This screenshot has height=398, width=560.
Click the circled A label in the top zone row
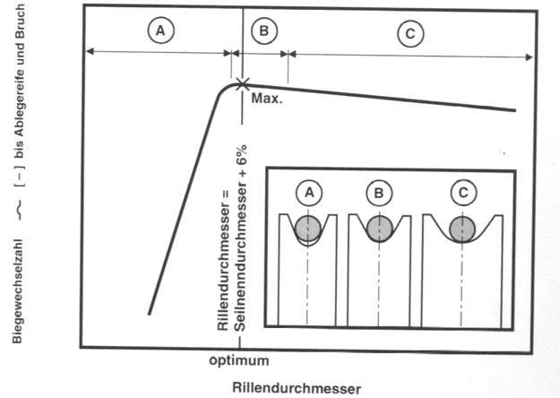pos(160,30)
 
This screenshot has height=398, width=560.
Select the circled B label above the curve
pos(264,30)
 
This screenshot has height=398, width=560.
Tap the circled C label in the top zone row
pos(410,34)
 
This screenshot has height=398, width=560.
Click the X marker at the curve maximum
pos(243,84)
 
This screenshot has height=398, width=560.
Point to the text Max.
pos(267,99)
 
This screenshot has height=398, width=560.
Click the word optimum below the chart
pos(239,360)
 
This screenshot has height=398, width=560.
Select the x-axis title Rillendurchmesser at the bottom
pos(297,388)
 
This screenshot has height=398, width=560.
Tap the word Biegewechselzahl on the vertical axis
pos(18,291)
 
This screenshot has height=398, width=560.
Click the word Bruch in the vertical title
pos(19,23)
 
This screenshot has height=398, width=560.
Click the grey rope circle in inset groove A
pos(308,228)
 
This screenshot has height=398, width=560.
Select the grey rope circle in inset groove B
pos(379,229)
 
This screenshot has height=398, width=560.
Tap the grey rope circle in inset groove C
pos(462,229)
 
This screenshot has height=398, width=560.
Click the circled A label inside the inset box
pos(309,193)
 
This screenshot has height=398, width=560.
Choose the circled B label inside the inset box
pos(379,194)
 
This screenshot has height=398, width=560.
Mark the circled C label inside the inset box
pos(463,194)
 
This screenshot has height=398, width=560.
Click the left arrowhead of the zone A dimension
pos(90,51)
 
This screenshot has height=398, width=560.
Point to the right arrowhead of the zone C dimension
pos(529,57)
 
